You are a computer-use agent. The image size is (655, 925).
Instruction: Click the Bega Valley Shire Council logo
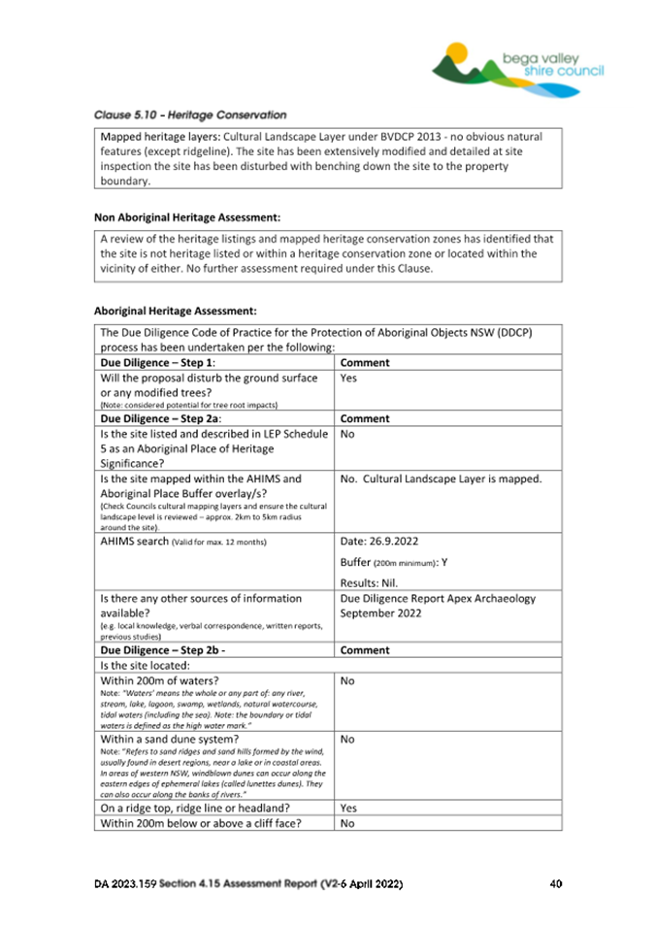point(518,65)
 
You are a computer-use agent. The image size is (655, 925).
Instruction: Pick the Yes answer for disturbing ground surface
point(351,377)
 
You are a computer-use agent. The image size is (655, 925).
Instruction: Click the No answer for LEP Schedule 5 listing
point(350,436)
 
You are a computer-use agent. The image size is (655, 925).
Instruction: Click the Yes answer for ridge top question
point(351,806)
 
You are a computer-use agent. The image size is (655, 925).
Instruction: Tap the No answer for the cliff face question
point(350,823)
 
